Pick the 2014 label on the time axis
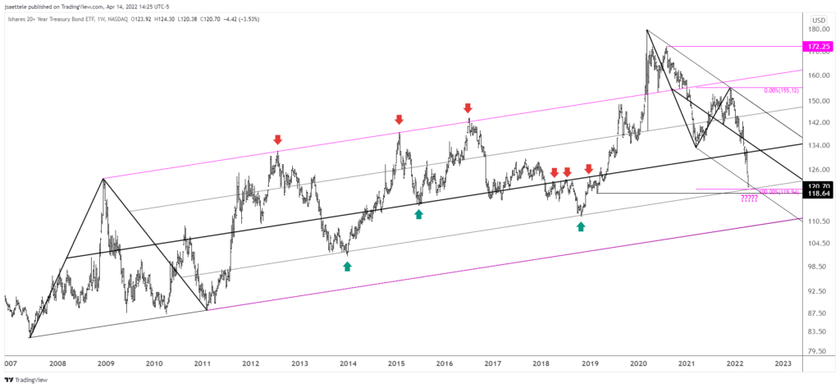[348, 363]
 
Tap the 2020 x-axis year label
[638, 363]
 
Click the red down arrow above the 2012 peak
[277, 139]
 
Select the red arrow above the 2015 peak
[399, 120]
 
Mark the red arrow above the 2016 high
[468, 107]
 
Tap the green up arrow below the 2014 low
[347, 265]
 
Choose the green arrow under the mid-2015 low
[419, 214]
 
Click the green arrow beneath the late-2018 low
[581, 225]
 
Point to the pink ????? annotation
[750, 199]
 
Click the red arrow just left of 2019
[588, 169]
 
